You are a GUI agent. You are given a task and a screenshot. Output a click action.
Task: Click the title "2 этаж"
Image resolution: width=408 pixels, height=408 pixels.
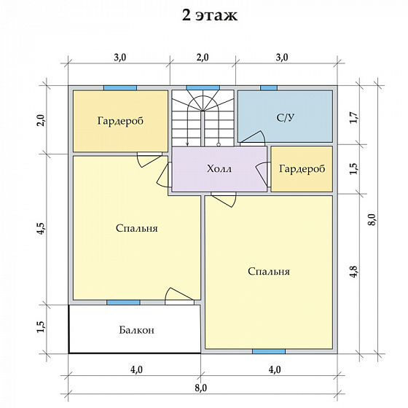[x=210, y=15]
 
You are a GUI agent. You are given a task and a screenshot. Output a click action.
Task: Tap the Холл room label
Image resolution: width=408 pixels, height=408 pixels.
[x=219, y=169]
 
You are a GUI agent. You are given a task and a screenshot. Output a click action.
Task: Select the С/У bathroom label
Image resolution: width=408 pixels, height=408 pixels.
[x=286, y=117]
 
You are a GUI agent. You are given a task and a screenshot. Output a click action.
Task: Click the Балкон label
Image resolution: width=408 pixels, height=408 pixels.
[x=137, y=330]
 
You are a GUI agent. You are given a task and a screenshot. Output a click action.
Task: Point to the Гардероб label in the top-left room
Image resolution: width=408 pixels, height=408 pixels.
[x=120, y=121]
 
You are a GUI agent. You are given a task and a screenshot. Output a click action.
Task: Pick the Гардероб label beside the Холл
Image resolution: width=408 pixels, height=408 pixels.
[x=302, y=169]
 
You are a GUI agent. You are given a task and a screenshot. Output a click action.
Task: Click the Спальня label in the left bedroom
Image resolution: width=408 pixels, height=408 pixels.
[x=137, y=228]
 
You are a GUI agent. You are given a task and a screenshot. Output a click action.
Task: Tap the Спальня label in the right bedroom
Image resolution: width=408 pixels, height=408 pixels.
[x=269, y=271]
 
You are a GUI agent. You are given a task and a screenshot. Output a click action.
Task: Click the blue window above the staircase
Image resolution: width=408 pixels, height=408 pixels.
[x=203, y=87]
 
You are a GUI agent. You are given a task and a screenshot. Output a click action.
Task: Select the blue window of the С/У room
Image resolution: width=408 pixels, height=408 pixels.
[x=269, y=88]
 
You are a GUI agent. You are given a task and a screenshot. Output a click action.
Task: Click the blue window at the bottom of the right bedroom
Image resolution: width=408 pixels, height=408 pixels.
[x=269, y=351]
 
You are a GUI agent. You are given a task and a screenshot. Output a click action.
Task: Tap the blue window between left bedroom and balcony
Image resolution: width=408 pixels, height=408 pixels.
[x=123, y=302]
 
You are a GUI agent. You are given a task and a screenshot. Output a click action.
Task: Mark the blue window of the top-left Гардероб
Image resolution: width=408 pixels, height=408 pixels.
[x=120, y=88]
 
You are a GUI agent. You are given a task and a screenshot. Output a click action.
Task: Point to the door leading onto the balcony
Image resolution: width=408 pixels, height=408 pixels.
[x=180, y=295]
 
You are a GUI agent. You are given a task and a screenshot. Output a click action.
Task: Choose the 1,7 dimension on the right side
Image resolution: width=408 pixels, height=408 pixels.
[x=356, y=117]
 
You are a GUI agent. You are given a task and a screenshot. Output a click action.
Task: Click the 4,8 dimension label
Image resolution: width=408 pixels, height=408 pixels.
[x=356, y=272]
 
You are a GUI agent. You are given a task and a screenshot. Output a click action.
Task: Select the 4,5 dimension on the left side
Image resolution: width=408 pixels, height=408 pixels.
[x=42, y=229]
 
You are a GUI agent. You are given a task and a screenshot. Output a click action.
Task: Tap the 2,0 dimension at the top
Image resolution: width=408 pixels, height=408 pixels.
[x=203, y=58]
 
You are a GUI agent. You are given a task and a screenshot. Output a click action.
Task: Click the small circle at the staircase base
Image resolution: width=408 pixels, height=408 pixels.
[x=219, y=144]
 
